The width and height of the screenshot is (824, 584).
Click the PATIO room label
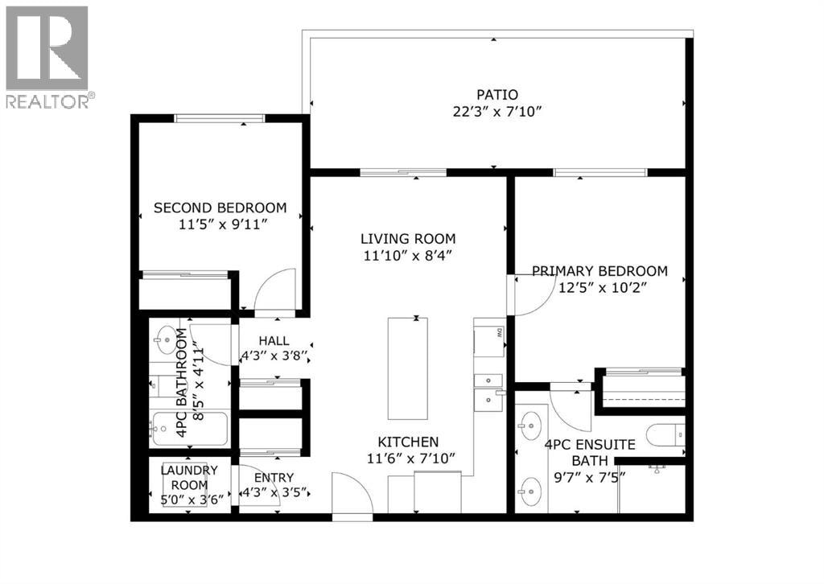tap(497, 95)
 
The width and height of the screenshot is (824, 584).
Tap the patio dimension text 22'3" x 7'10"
tap(497, 112)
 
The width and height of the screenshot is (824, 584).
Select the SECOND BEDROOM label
tap(220, 208)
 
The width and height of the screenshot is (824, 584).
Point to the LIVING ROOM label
tap(408, 239)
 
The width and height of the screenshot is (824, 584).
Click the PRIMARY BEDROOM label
tap(599, 271)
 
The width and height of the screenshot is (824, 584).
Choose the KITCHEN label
tap(408, 442)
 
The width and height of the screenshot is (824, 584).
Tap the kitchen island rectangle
tap(408, 368)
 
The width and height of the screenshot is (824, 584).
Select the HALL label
tap(274, 341)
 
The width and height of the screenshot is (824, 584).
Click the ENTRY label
tap(274, 478)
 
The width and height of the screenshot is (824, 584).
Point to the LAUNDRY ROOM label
tap(189, 477)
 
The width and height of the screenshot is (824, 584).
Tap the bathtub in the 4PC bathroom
tap(188, 429)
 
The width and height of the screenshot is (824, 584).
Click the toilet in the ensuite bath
tap(666, 435)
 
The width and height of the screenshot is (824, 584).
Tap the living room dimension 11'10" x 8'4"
tap(408, 256)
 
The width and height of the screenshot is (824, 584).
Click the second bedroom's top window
tap(220, 118)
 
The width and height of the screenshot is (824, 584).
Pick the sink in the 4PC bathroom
tap(167, 336)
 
